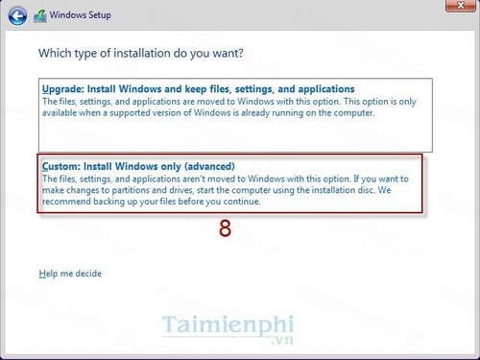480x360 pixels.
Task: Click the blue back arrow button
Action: [x=16, y=15]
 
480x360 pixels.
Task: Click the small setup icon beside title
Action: [x=41, y=16]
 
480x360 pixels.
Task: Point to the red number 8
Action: [x=225, y=229]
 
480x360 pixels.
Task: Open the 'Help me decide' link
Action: [x=70, y=274]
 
